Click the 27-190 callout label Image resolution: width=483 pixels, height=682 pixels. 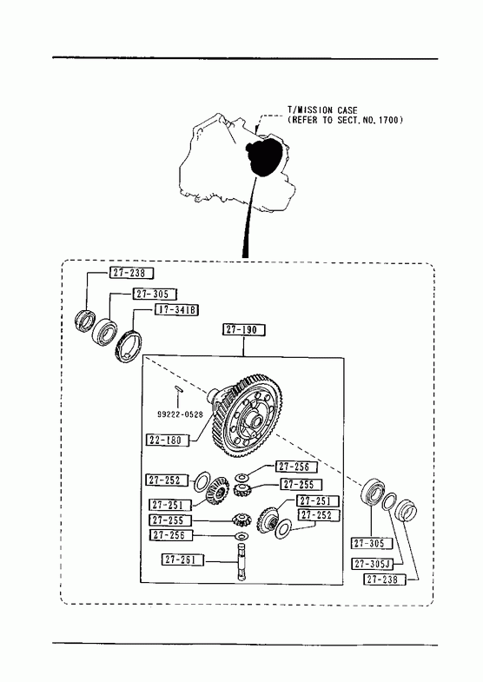point(244,329)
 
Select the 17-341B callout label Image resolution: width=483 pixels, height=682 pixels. point(176,309)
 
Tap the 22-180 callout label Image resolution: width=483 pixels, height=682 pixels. point(168,440)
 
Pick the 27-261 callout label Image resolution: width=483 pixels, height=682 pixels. point(182,560)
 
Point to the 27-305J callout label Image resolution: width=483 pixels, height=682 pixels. point(373,564)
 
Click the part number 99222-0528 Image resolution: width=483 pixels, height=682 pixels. point(180,414)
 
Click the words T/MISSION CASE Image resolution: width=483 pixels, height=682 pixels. point(322,110)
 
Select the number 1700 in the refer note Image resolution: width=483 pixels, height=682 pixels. point(388,120)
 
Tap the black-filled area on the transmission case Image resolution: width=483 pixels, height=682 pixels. point(265,156)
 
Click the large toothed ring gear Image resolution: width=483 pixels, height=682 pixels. point(246,417)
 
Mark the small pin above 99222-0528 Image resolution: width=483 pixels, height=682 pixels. point(179,388)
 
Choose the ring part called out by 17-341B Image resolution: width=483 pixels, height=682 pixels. point(129,347)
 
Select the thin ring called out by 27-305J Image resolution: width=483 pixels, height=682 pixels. point(389,501)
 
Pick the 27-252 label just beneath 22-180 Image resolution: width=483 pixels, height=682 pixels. point(167,480)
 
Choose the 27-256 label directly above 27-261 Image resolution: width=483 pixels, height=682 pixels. point(170,535)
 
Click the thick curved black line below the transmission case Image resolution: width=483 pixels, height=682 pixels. point(248,217)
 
